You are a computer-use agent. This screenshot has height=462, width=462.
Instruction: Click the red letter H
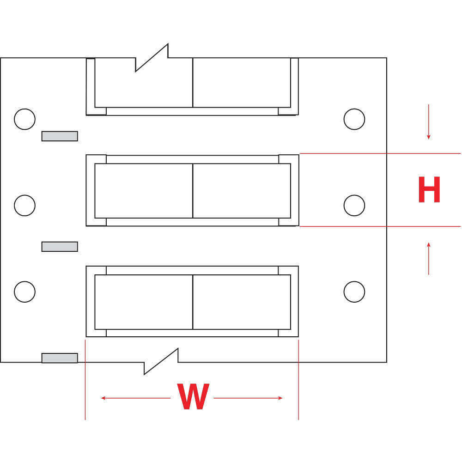[429, 190]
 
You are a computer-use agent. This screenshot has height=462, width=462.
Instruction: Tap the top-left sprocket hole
[24, 119]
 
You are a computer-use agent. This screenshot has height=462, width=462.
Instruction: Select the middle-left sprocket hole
[24, 205]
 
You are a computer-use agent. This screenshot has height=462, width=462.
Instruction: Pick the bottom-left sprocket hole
[24, 292]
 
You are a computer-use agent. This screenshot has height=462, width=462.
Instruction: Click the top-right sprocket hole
[354, 119]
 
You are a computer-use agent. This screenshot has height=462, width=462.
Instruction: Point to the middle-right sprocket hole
[354, 205]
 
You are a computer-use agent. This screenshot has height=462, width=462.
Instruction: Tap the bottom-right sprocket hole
[354, 292]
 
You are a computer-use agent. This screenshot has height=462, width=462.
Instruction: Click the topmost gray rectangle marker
[60, 136]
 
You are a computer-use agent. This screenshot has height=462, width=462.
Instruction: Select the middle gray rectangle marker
[60, 247]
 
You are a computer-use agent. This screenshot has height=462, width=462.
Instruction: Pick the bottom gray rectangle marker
[60, 358]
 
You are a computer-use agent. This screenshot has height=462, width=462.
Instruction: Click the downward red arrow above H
[429, 122]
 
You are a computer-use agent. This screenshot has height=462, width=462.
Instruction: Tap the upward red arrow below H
[429, 258]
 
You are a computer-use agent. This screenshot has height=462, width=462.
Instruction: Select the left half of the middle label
[144, 191]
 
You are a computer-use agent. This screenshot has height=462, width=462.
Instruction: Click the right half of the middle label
[242, 191]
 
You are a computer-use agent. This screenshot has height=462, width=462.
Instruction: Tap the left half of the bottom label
[144, 302]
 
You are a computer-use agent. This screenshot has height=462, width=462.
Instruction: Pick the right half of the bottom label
[242, 302]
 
